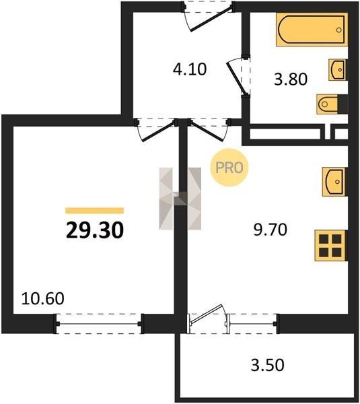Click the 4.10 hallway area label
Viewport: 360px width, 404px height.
(x=190, y=69)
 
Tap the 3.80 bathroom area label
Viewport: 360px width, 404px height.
(x=291, y=79)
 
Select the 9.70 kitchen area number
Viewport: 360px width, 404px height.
(x=270, y=230)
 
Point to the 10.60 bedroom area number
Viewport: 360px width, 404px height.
(x=43, y=298)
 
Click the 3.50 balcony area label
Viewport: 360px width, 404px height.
(x=268, y=365)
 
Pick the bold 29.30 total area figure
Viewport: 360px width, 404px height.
(x=95, y=230)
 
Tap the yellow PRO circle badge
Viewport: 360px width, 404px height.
(x=229, y=168)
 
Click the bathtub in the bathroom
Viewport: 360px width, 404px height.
(x=312, y=30)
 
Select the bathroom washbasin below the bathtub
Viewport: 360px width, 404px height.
(x=338, y=69)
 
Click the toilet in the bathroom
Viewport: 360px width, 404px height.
(x=332, y=104)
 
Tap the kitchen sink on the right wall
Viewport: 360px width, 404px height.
(x=334, y=181)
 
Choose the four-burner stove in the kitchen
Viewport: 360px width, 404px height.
(x=330, y=245)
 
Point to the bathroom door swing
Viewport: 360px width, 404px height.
(x=238, y=77)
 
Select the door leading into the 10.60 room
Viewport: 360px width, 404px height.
(x=156, y=130)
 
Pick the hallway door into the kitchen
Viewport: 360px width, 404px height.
(x=209, y=130)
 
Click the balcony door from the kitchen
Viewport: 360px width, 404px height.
(x=209, y=318)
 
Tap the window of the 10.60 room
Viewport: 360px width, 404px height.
(x=99, y=324)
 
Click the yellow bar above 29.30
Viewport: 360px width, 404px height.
(x=94, y=211)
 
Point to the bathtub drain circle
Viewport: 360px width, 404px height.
(x=339, y=30)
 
